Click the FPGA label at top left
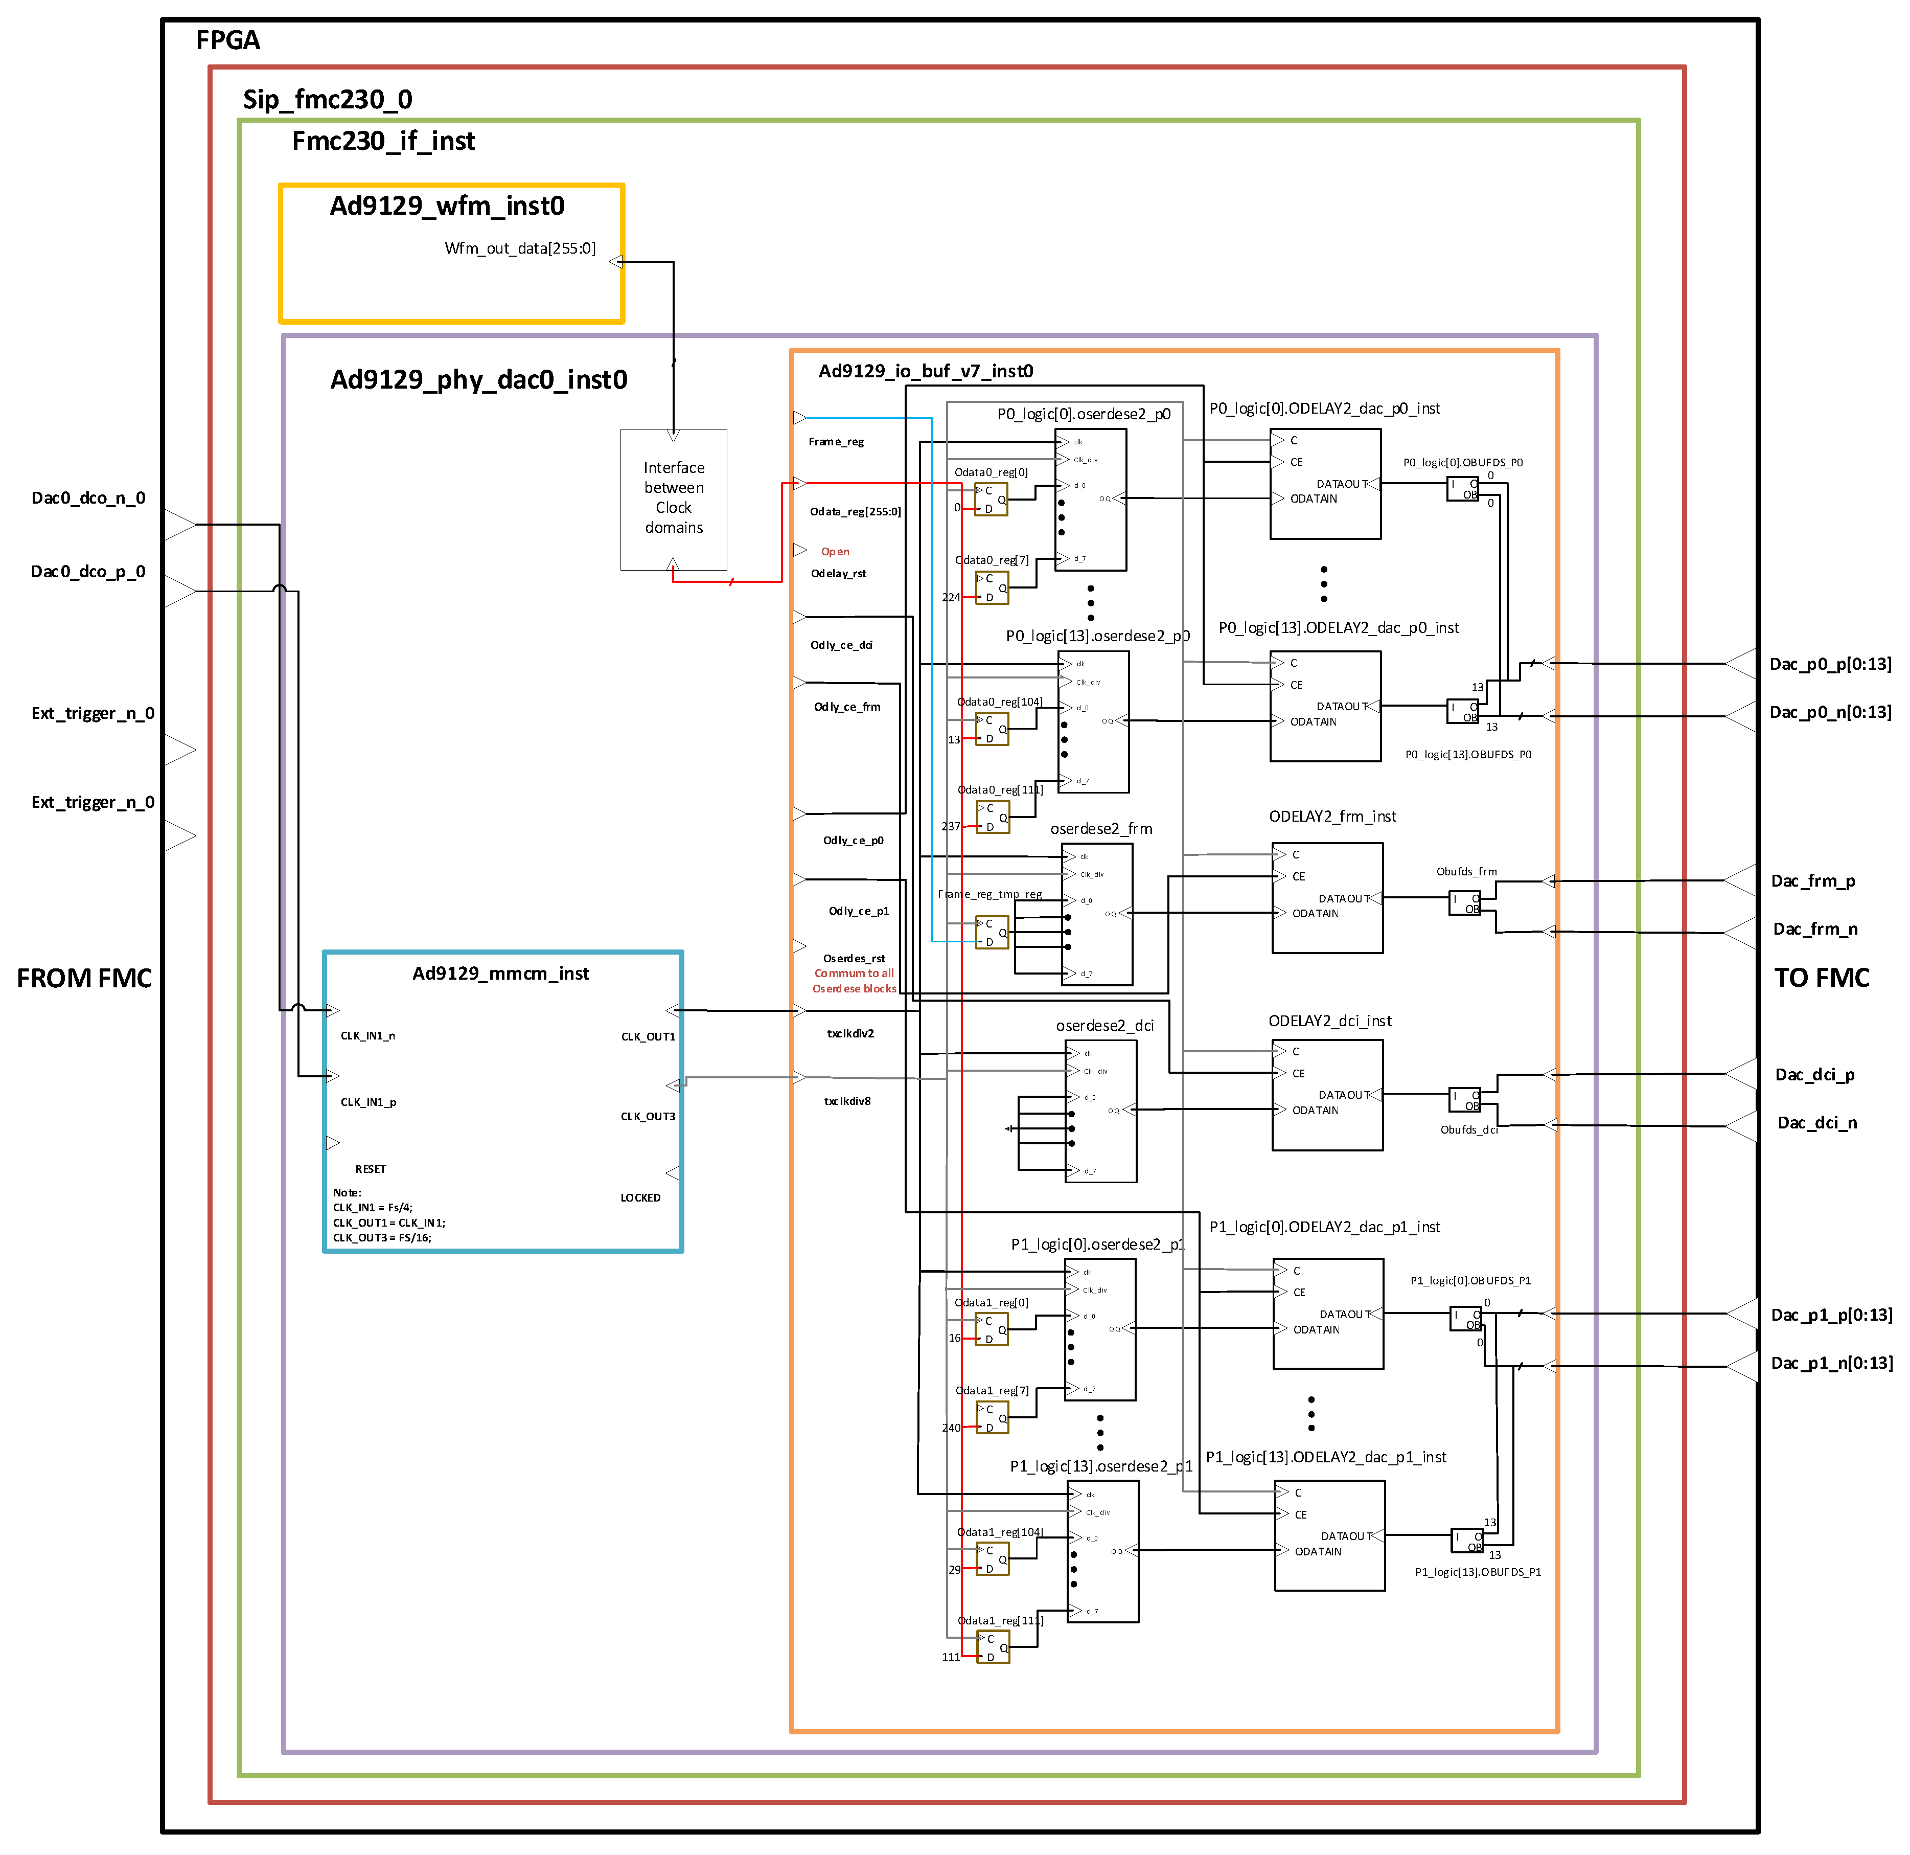point(228,41)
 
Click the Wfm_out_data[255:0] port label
point(519,248)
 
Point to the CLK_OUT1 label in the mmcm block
point(648,1036)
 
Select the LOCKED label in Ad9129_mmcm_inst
point(640,1197)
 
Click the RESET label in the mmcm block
point(371,1169)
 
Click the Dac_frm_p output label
point(1812,881)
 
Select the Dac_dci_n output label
point(1816,1123)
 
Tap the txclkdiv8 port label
point(847,1101)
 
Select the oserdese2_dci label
point(1104,1026)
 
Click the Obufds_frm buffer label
point(1466,871)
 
